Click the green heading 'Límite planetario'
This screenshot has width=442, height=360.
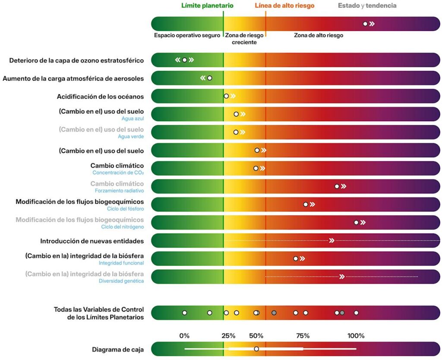tap(207, 6)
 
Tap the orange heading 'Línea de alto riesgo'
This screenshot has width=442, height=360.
tap(284, 6)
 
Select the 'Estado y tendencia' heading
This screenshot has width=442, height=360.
tap(367, 6)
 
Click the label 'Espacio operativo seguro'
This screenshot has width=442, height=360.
tap(187, 35)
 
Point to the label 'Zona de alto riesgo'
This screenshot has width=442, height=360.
tap(319, 35)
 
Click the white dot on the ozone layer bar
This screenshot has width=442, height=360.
tap(184, 60)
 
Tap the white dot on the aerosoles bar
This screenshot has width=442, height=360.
tap(209, 78)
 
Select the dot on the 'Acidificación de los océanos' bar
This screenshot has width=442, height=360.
tap(226, 96)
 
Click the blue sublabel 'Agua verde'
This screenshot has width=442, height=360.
tap(131, 136)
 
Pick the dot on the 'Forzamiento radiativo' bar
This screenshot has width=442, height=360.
tap(337, 186)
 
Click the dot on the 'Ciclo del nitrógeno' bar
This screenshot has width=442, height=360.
tap(356, 222)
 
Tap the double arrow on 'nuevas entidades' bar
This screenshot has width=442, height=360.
tap(332, 240)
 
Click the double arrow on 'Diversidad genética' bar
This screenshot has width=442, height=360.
tap(342, 277)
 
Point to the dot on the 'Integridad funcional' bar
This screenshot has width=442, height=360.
tap(295, 259)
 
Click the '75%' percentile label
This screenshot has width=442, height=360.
tap(303, 336)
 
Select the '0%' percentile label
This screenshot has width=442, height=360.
tap(184, 336)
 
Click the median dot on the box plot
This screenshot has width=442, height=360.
tap(256, 349)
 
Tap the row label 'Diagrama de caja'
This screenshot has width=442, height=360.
tap(118, 350)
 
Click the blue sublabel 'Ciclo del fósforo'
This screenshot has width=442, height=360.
tap(126, 209)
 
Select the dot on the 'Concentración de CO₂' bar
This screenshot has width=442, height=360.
tap(256, 168)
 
